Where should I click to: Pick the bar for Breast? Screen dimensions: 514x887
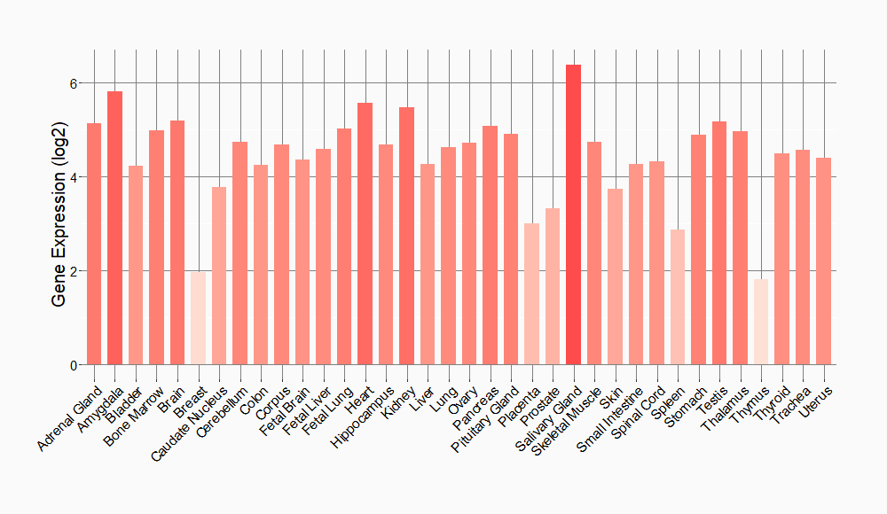(x=199, y=318)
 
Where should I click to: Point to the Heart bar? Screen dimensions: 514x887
(x=365, y=234)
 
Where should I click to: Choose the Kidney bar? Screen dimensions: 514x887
(x=406, y=236)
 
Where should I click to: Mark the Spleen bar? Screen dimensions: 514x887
(x=678, y=297)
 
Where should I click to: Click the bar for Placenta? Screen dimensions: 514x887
(x=531, y=293)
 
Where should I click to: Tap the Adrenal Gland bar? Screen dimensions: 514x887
(x=94, y=244)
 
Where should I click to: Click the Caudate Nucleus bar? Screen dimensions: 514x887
(x=219, y=276)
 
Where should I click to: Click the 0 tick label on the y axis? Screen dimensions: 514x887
(x=75, y=364)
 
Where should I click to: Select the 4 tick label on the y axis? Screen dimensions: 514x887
(x=75, y=177)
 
